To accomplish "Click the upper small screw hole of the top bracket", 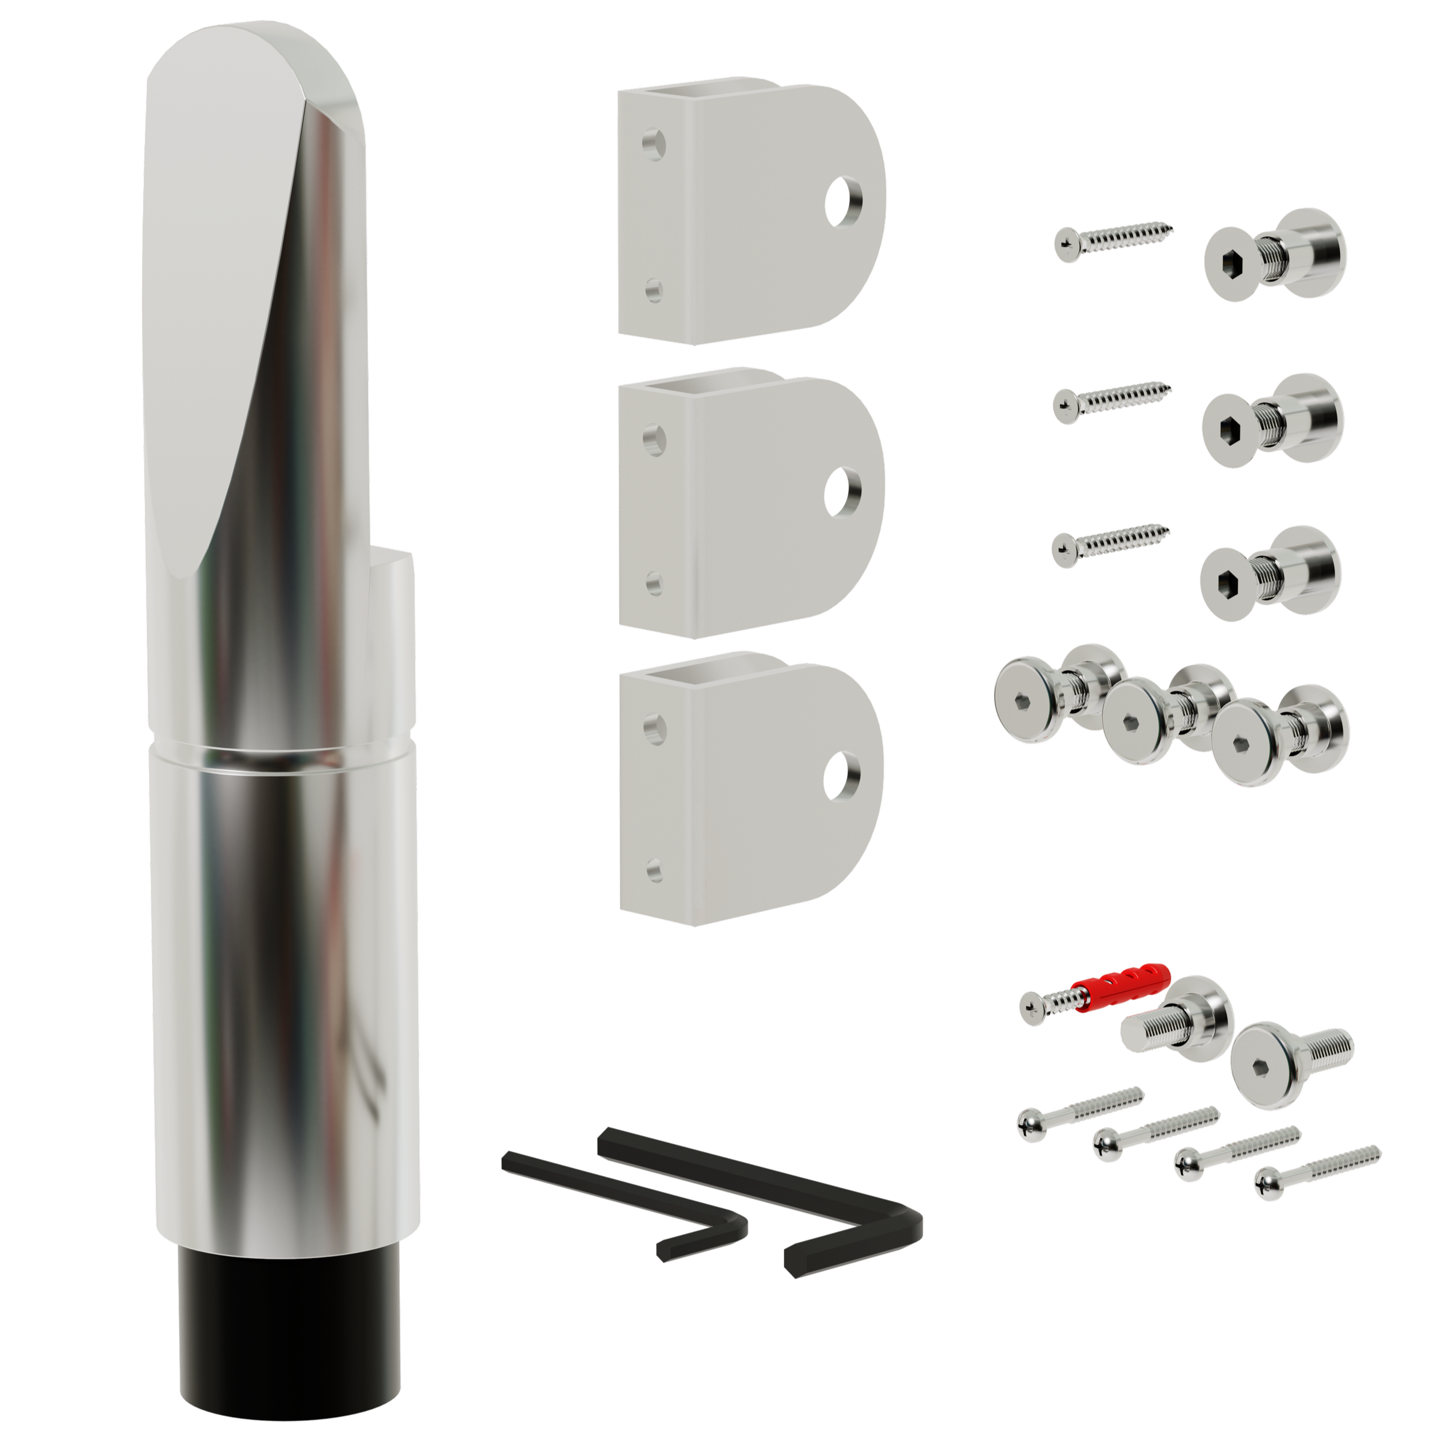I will tap(655, 141).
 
